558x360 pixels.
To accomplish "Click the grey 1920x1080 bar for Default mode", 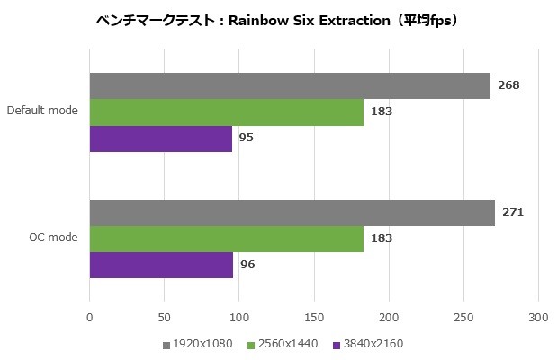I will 290,85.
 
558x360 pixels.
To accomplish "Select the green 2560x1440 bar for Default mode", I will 227,112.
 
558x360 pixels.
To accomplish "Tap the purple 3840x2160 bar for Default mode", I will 161,139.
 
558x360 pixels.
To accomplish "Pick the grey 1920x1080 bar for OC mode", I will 292,212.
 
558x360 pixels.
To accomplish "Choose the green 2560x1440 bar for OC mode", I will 227,238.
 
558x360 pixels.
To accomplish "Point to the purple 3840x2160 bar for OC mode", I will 162,265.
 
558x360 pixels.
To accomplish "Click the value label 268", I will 508,85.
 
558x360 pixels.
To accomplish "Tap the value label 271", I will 513,212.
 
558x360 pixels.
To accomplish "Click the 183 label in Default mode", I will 382,112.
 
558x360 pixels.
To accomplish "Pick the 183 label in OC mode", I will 382,238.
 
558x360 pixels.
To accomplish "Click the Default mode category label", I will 42,112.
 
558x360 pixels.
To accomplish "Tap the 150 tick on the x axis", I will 314,317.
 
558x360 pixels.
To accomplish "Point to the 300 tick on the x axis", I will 538,317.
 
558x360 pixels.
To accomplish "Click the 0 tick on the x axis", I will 90,317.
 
